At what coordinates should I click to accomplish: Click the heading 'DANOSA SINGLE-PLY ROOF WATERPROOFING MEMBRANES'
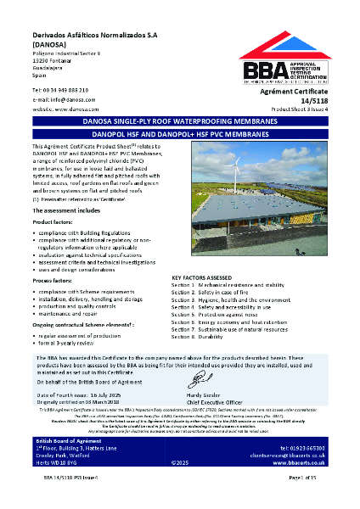coord(180,122)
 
